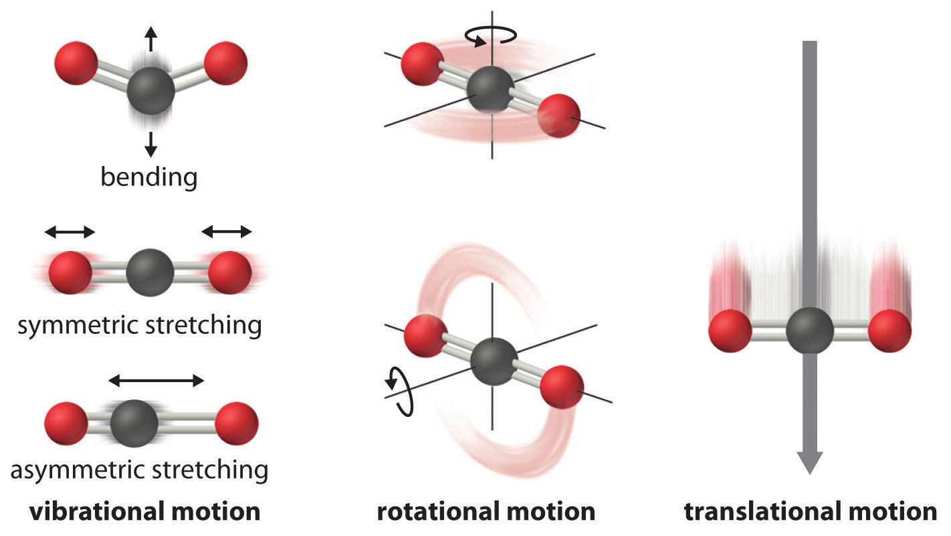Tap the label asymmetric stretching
(139, 470)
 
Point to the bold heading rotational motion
(486, 512)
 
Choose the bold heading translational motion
(810, 512)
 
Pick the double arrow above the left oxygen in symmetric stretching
(70, 232)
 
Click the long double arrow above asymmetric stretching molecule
(156, 381)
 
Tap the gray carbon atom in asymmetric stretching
(134, 423)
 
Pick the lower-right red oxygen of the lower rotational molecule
(561, 386)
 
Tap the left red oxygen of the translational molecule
(730, 331)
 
